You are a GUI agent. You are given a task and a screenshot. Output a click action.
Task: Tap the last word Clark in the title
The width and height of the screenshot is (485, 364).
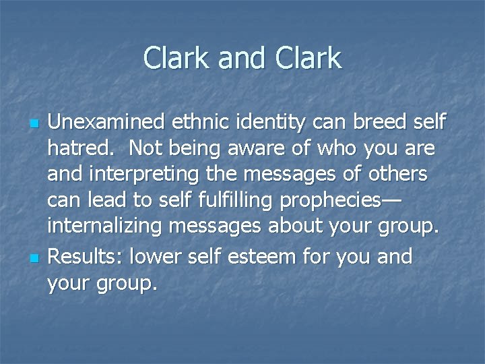310,59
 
